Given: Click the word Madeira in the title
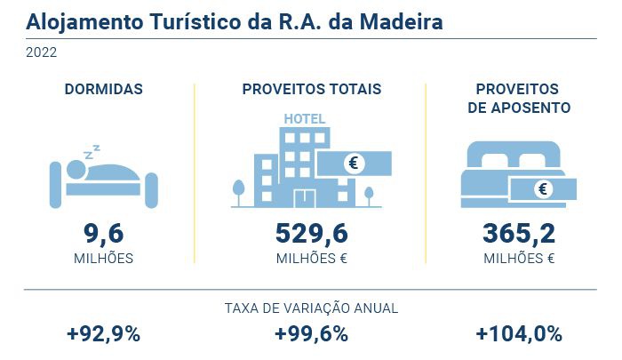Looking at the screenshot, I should pos(400,20).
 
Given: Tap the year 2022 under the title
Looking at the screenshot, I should pos(42,52).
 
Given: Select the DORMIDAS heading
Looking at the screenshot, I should pos(104,89).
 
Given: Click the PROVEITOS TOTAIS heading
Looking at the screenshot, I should pos(312,89).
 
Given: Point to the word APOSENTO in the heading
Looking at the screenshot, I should pos(519,108).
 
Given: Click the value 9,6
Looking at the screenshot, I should pos(103,233).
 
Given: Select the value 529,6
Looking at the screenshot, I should pos(311,233).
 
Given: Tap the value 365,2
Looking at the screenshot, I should pos(519,233).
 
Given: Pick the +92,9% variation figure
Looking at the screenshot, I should pos(103,334).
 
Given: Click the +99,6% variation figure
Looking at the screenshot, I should pos(311,334).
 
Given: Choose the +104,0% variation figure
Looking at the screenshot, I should pos(519,334).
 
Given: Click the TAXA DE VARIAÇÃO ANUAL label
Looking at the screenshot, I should pos(311,308).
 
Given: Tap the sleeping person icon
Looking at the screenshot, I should pos(103,178).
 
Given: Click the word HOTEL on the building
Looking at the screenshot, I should pos(304,119).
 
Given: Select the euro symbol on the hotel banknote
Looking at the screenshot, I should pos(355,163).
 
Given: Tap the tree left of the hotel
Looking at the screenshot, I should pos(238,190).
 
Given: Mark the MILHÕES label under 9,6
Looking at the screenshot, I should pos(103,259).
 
